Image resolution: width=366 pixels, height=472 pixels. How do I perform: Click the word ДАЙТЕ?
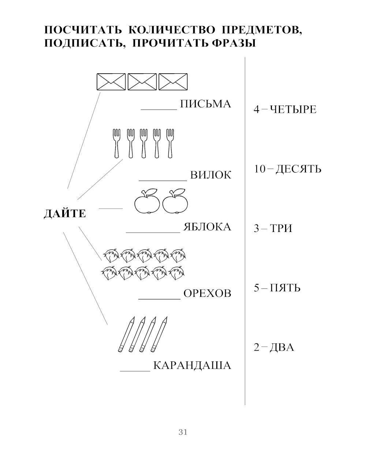pos(65,214)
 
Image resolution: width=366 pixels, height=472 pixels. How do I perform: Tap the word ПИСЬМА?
pos(206,104)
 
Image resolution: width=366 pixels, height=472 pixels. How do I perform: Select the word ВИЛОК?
pos(211,175)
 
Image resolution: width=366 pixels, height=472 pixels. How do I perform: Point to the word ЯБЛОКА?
pos(207,227)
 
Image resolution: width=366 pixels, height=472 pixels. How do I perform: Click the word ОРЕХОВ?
pos(207,294)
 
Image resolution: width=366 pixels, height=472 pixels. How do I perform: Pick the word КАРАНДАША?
pos(192,366)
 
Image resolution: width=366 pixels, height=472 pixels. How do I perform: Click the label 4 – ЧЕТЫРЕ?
pos(285,110)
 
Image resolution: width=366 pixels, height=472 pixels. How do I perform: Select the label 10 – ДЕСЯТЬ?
pos(287,169)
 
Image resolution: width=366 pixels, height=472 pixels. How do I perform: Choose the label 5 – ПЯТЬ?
pos(277,288)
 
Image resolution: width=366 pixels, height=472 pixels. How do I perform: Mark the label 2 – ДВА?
pos(274,347)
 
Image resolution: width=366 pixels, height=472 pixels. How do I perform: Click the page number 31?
pos(183,432)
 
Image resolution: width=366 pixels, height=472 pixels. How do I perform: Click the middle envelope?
pos(142,82)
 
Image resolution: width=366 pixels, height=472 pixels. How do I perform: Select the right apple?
pos(175,203)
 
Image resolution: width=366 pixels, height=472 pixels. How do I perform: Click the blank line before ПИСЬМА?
pos(159,109)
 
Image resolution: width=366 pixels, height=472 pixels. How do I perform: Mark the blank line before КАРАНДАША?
pos(135,370)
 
